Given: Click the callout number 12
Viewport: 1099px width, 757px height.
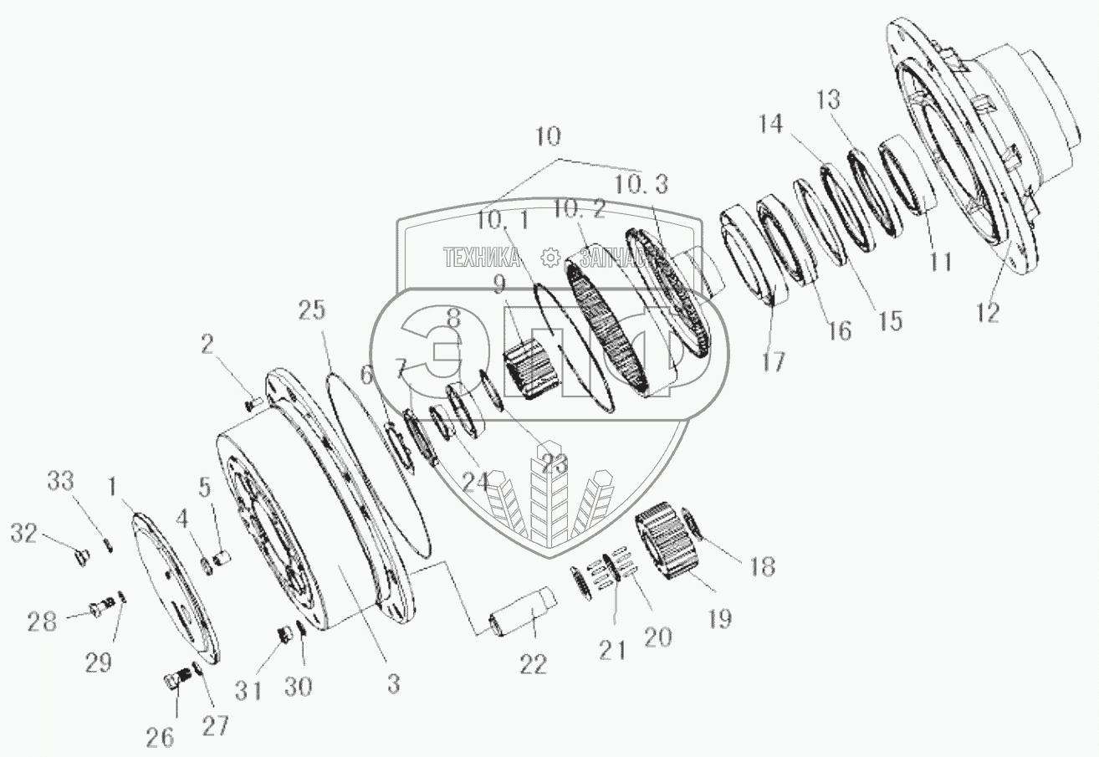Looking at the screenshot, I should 988,313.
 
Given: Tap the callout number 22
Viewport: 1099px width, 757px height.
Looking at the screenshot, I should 533,664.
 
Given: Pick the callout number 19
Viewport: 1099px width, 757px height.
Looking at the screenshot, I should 718,620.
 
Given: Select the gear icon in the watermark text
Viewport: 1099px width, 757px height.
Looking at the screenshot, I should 549,257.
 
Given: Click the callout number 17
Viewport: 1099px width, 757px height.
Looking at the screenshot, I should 773,361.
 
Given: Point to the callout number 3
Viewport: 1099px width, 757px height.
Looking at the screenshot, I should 392,683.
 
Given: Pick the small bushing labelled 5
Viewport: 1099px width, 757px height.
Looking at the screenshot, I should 222,556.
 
